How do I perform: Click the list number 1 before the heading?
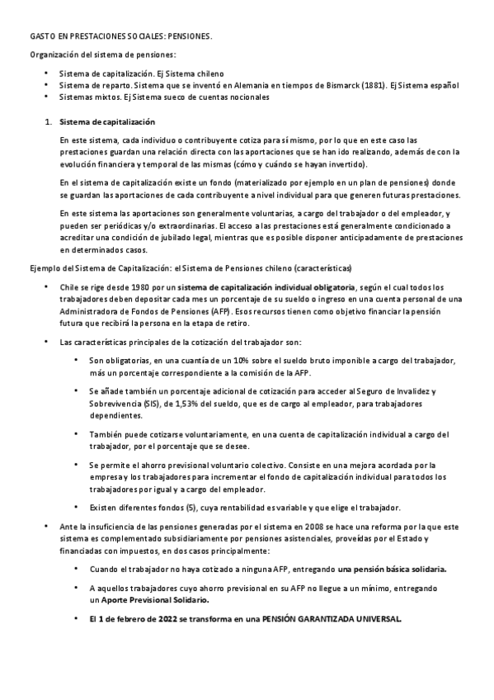point(48,122)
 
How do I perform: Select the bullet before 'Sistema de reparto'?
point(46,85)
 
